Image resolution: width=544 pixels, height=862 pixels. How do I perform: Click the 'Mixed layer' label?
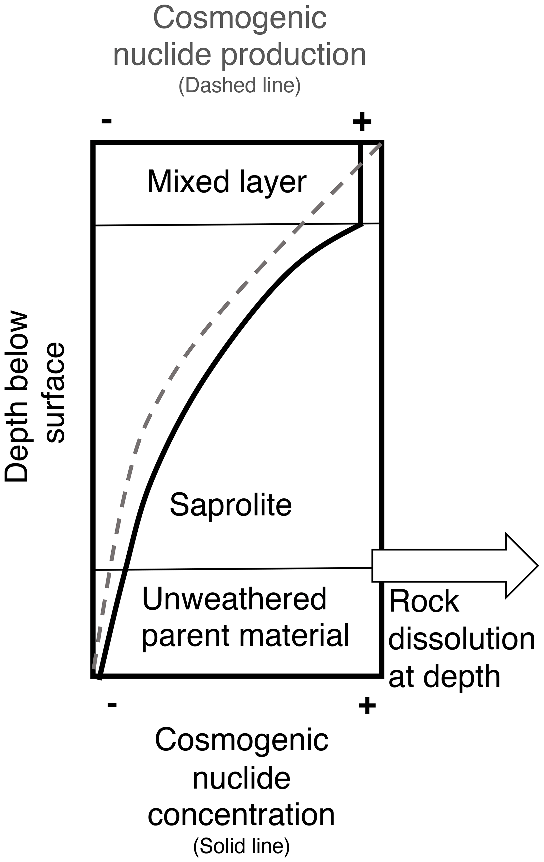point(226,182)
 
